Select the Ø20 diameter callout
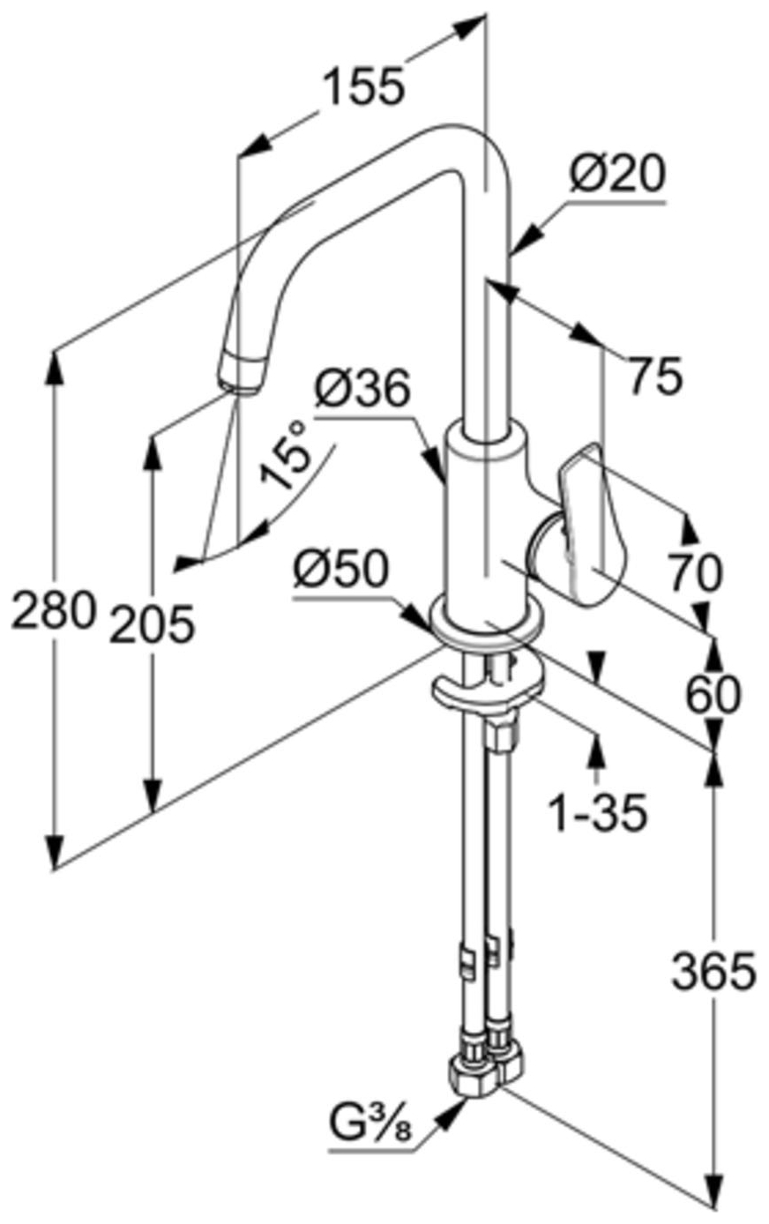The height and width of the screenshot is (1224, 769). (616, 175)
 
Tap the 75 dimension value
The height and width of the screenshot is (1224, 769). (655, 377)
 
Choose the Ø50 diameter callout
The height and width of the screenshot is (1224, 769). (340, 571)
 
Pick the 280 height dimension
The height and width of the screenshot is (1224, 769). (52, 610)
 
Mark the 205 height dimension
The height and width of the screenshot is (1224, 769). (151, 625)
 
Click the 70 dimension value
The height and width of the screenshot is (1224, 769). (695, 572)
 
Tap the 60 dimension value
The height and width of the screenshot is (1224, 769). (713, 695)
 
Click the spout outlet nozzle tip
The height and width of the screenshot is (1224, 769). (241, 374)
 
